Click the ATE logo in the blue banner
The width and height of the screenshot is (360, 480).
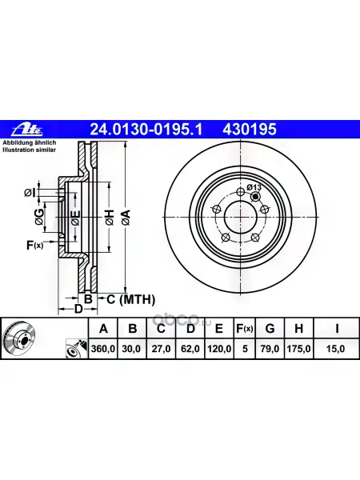click(x=27, y=130)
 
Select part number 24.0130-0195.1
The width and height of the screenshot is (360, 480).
click(x=146, y=130)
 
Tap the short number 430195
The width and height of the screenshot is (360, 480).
click(x=250, y=130)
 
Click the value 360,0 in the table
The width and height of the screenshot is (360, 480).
click(x=103, y=348)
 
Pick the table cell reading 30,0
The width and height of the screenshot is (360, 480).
click(x=132, y=348)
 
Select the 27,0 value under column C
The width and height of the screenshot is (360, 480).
click(x=161, y=348)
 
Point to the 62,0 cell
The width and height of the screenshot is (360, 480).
click(x=190, y=348)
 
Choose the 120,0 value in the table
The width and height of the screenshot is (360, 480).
click(x=219, y=348)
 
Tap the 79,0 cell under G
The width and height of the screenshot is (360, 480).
click(x=270, y=348)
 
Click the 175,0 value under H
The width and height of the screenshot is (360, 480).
click(x=298, y=348)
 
